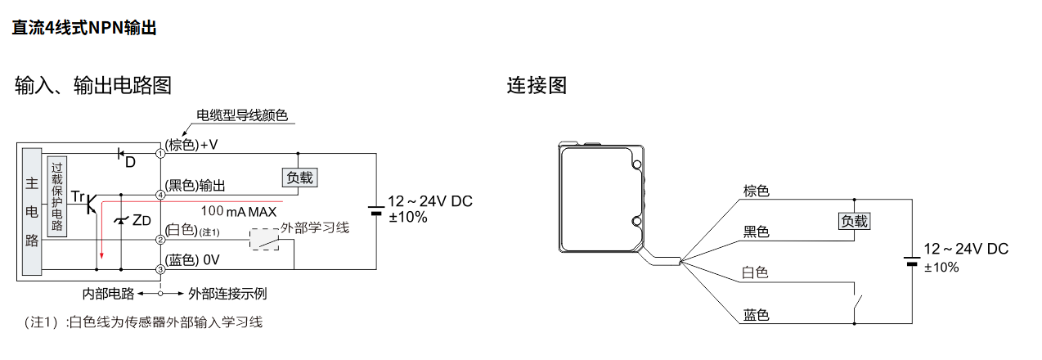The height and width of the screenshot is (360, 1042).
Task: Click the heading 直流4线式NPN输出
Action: pyautogui.click(x=84, y=28)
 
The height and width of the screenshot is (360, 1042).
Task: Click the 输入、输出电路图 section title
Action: pyautogui.click(x=93, y=84)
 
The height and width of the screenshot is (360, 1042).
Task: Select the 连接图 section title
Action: pyautogui.click(x=537, y=84)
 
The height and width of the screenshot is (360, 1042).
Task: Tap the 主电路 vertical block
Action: pyautogui.click(x=32, y=211)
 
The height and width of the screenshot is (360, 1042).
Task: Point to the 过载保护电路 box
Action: pyautogui.click(x=56, y=196)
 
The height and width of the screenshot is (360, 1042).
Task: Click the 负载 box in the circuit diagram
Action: pyautogui.click(x=298, y=178)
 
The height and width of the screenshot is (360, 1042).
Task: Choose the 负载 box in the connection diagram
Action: pyautogui.click(x=854, y=221)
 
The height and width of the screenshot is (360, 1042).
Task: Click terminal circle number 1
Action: pyautogui.click(x=161, y=152)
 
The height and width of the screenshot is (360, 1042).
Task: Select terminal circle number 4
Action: pyautogui.click(x=161, y=195)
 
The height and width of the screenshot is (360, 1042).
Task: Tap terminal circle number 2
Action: pyautogui.click(x=161, y=240)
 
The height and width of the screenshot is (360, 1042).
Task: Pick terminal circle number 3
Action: pyautogui.click(x=161, y=268)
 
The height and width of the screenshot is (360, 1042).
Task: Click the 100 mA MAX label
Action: pyautogui.click(x=239, y=211)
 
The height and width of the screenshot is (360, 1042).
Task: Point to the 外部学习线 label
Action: pyautogui.click(x=315, y=227)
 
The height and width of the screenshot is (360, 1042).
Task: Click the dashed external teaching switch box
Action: pyautogui.click(x=264, y=240)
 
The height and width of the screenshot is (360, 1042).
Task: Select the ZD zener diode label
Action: pyautogui.click(x=141, y=219)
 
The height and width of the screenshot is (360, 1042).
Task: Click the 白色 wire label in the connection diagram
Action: pyautogui.click(x=755, y=273)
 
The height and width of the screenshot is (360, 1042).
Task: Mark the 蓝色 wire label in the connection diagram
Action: pyautogui.click(x=755, y=315)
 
